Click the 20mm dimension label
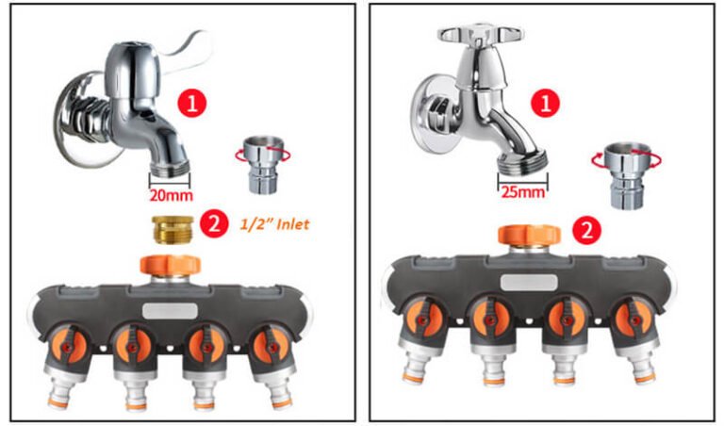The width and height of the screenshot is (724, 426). pyautogui.click(x=171, y=197)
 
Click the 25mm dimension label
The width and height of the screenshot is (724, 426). pyautogui.click(x=522, y=191)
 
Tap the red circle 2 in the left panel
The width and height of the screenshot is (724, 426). pyautogui.click(x=216, y=223)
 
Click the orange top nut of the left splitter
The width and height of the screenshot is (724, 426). pyautogui.click(x=166, y=265)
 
